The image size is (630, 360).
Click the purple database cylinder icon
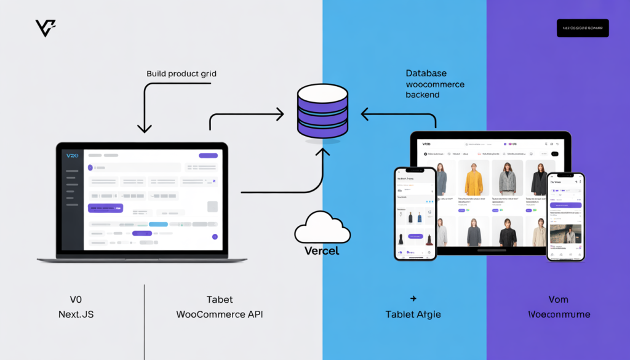[x=322, y=111]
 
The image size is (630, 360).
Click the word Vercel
[x=322, y=251]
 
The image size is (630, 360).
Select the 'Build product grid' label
[x=181, y=74]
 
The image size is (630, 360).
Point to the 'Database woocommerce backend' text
[x=435, y=84]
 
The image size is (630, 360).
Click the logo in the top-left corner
[x=46, y=28]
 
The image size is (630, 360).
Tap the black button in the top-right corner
[x=582, y=28]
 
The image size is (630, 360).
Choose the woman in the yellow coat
[x=473, y=178]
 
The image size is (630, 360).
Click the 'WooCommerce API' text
[x=220, y=314]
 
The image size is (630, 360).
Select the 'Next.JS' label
[x=76, y=314]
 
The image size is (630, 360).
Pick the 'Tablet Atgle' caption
[x=413, y=314]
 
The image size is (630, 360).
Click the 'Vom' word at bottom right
[x=559, y=300]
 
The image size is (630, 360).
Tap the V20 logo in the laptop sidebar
[x=73, y=156]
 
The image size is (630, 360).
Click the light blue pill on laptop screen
[x=158, y=225]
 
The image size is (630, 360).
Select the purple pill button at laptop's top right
[x=208, y=156]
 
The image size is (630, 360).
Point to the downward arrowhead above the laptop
[x=145, y=129]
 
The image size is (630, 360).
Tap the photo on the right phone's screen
[x=564, y=234]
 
